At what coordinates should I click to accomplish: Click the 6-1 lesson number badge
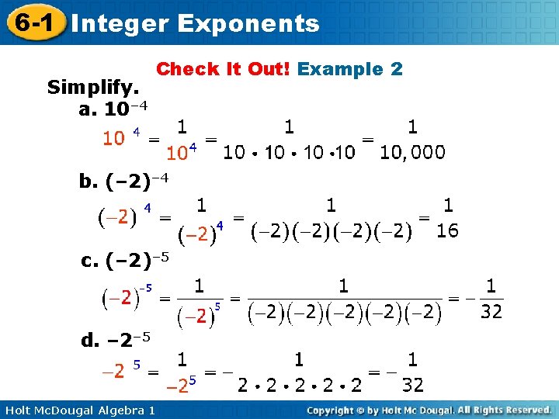(33, 23)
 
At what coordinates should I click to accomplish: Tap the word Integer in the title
(120, 23)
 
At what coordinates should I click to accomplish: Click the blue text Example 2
(349, 69)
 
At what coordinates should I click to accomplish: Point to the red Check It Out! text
(224, 69)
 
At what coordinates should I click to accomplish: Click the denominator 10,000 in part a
(412, 152)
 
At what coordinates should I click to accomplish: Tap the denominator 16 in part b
(447, 230)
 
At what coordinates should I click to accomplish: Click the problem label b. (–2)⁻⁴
(123, 181)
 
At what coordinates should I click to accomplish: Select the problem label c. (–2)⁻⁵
(125, 260)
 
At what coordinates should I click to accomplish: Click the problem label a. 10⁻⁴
(113, 107)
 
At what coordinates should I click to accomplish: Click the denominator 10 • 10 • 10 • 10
(289, 152)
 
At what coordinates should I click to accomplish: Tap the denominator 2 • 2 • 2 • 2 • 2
(300, 385)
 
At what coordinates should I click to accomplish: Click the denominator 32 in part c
(491, 311)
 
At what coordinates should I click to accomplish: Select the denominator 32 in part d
(412, 385)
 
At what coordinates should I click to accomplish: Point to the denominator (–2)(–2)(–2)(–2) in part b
(332, 232)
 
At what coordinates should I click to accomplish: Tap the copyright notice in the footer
(429, 409)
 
